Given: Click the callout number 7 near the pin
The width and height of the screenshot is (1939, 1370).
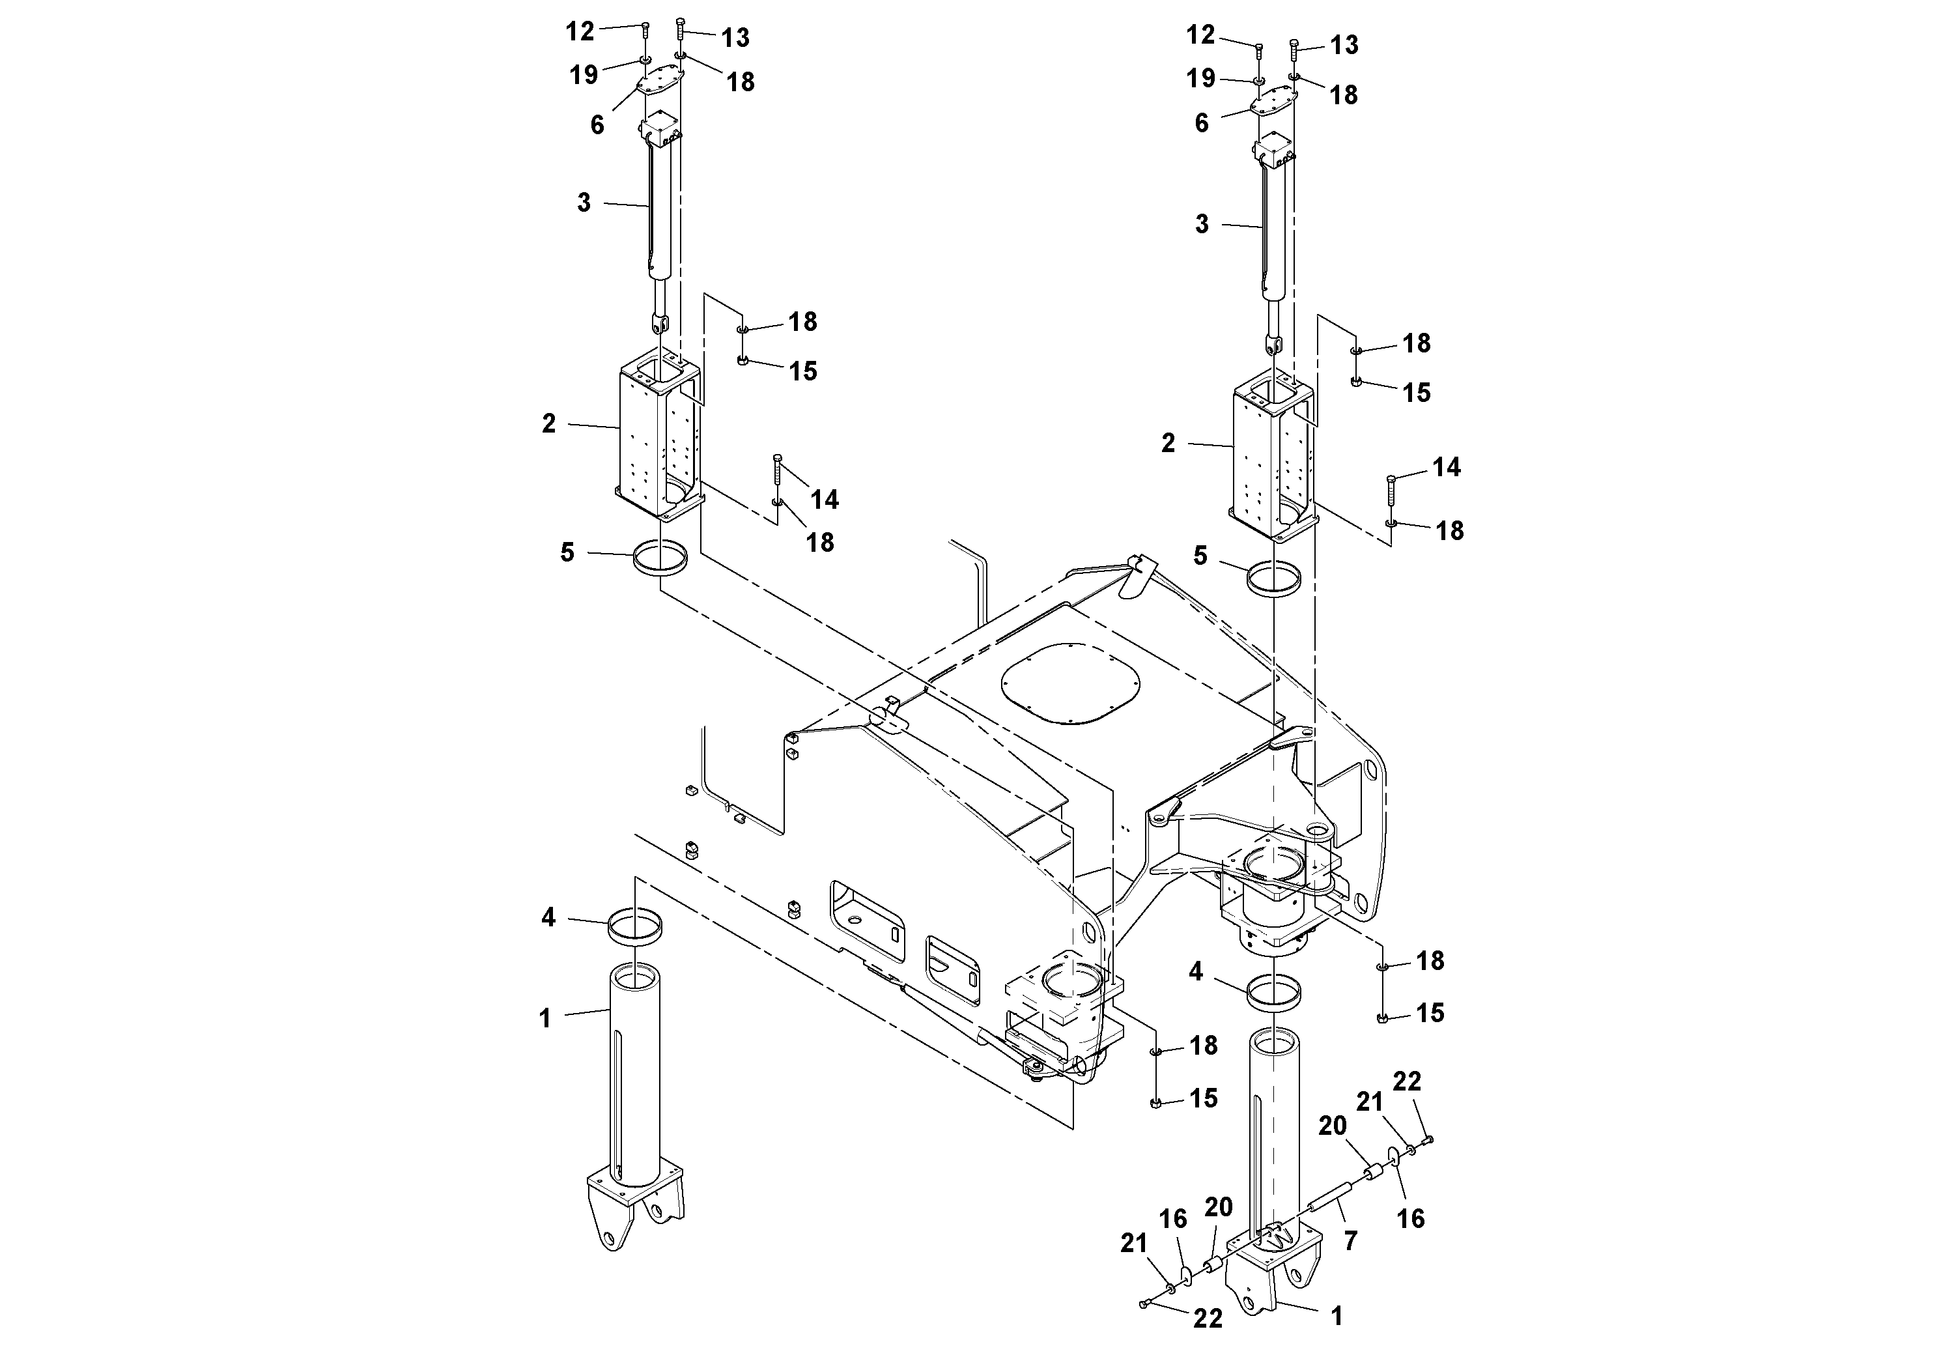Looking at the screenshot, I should point(1350,1241).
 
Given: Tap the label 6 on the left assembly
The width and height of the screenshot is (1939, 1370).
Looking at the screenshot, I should point(597,125).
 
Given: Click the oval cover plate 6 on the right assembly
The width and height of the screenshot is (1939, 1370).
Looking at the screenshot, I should point(1275,102).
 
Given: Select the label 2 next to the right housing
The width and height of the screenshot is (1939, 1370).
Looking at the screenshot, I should point(1168,444).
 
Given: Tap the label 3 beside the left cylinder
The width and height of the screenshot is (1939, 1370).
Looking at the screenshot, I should point(584,203).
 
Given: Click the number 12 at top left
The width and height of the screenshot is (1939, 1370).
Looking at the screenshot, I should point(579,32).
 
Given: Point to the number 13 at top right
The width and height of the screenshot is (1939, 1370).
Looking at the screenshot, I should point(1344,45).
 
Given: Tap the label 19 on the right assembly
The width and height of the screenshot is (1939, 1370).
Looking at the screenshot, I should point(1201,79).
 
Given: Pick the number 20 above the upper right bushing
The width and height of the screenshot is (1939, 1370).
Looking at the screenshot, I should point(1333,1126).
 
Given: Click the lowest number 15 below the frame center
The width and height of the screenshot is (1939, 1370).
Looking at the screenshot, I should point(1204,1099).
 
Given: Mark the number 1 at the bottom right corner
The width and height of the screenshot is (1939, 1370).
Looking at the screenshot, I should point(1336,1316).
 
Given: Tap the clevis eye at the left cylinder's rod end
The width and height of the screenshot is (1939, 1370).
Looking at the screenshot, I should point(660,322).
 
